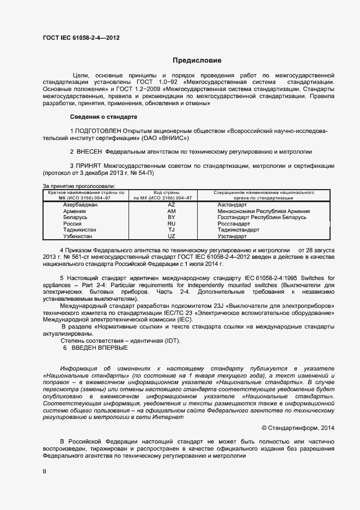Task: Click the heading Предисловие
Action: (x=197, y=60)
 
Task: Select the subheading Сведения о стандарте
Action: (x=103, y=117)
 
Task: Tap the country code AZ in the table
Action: (x=171, y=204)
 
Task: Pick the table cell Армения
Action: (x=74, y=211)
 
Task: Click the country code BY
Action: (x=171, y=217)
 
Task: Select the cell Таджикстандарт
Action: (x=238, y=230)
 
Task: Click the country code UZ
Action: (x=171, y=237)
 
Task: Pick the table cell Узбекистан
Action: (x=78, y=237)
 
